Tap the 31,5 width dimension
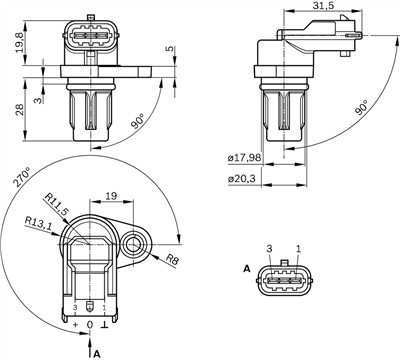pos(322,8)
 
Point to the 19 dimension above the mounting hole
pos(113,198)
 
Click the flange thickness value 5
pos(169,49)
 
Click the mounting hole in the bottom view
pos(134,240)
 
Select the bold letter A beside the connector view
pos(246,270)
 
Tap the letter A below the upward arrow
pos(96,352)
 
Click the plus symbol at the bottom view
pos(76,324)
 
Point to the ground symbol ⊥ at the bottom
pos(106,324)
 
